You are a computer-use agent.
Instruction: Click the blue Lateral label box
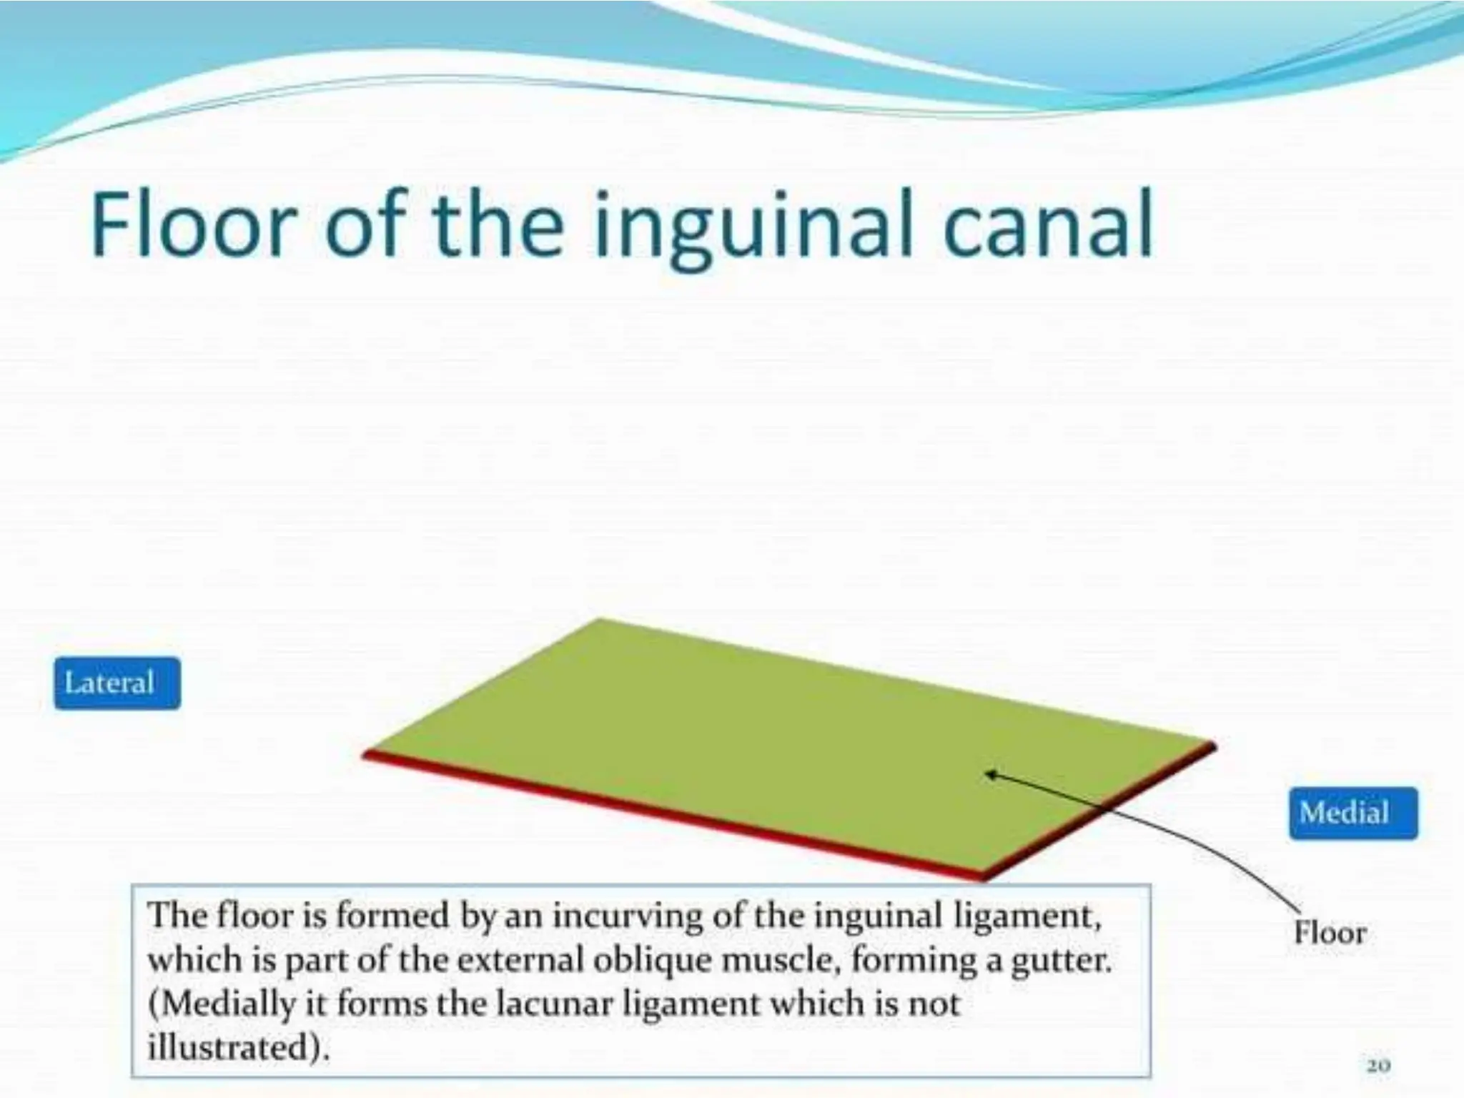[117, 683]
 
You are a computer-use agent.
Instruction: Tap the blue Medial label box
[1352, 813]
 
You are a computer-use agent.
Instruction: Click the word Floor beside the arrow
[1330, 933]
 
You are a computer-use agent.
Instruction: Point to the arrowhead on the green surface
[991, 774]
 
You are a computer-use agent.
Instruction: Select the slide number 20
[1378, 1066]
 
